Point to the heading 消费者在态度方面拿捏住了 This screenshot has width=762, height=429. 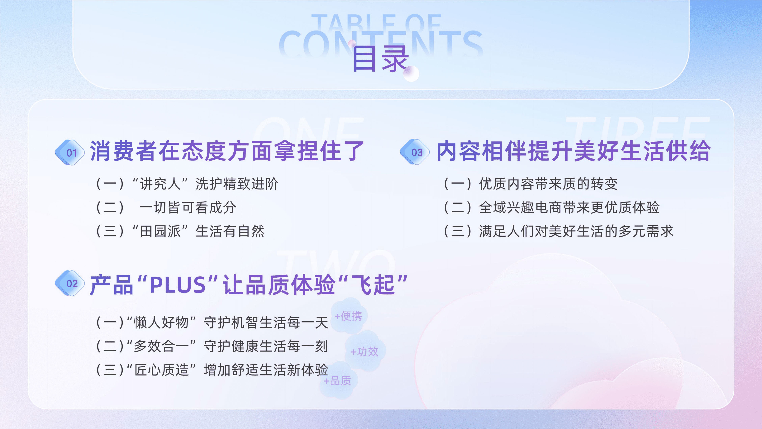tap(227, 151)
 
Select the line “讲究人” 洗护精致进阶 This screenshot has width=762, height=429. tap(187, 184)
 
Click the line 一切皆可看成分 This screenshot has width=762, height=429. tap(188, 207)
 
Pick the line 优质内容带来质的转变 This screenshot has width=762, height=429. tap(531, 184)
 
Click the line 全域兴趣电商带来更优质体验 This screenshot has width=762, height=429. tap(552, 207)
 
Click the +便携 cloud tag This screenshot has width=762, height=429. tap(349, 316)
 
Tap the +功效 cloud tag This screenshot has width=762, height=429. tap(365, 352)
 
